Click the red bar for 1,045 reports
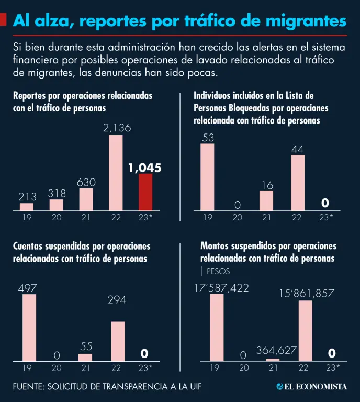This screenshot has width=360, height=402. click(x=145, y=192)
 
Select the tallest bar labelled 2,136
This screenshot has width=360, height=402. click(x=116, y=173)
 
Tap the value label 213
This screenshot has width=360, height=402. click(x=27, y=197)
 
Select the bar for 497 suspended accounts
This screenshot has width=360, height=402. click(x=29, y=327)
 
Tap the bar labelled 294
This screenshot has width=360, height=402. click(x=118, y=341)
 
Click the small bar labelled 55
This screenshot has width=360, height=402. click(x=86, y=357)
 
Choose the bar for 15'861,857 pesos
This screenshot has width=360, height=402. click(x=306, y=330)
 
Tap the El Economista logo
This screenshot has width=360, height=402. click(x=312, y=386)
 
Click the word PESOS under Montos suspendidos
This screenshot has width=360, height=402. click(x=218, y=271)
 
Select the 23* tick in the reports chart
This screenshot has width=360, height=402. click(x=145, y=217)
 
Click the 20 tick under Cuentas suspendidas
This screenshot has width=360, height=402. click(x=57, y=368)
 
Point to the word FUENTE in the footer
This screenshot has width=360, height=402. click(x=28, y=386)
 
